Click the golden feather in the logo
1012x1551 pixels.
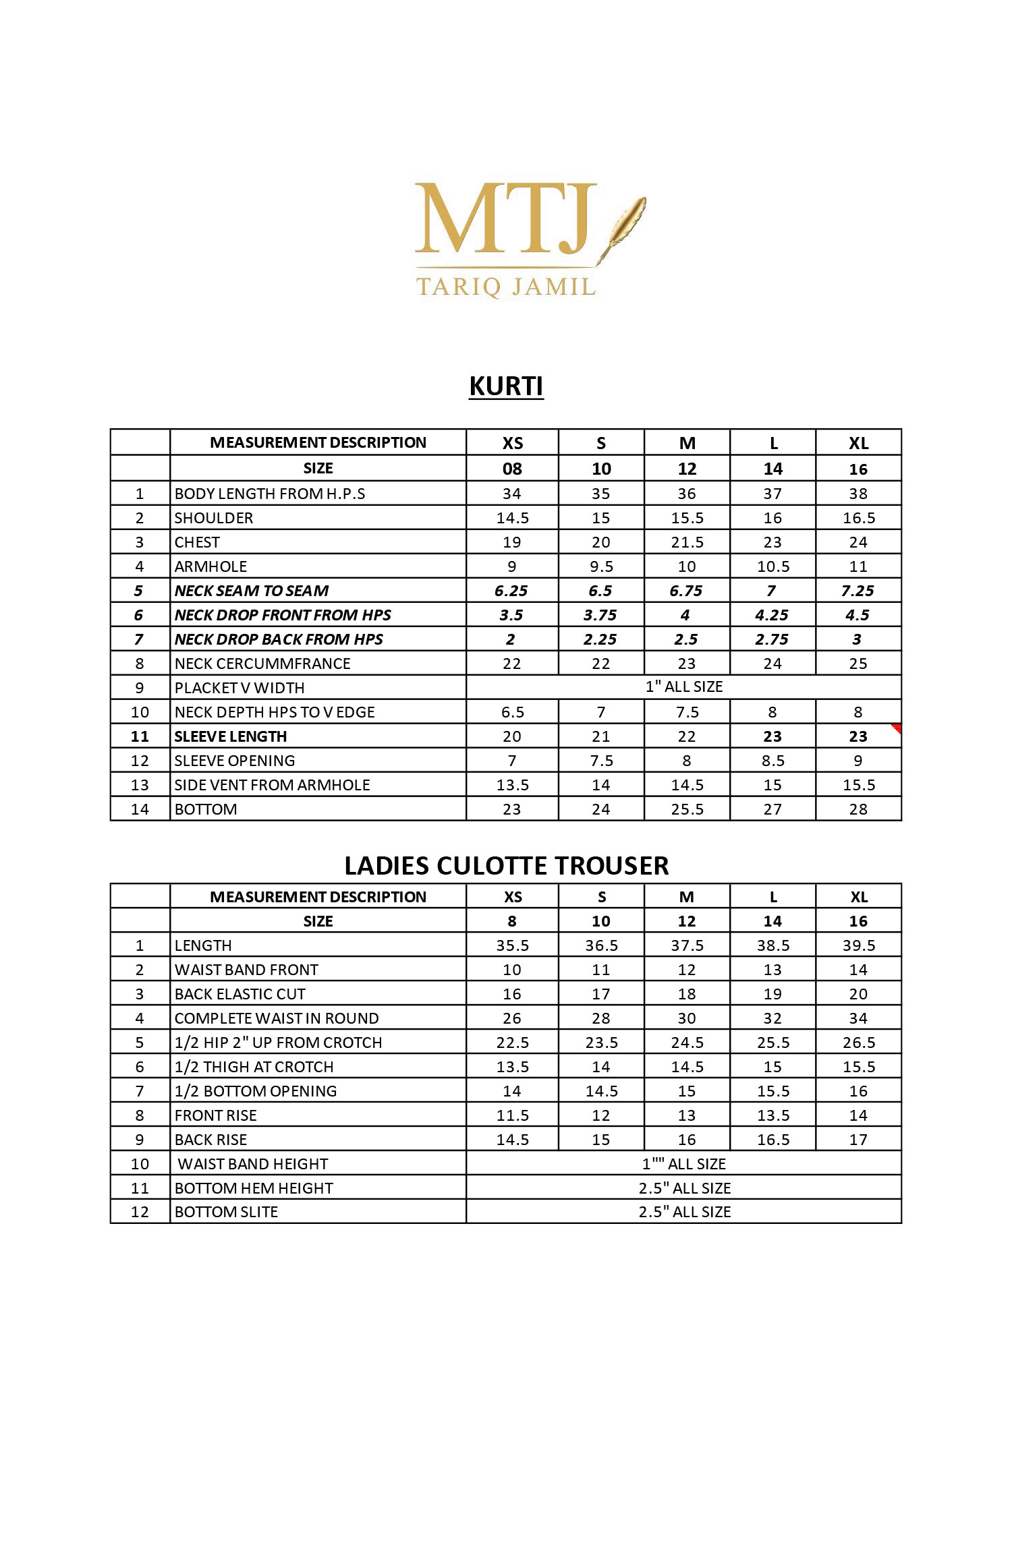pyautogui.click(x=627, y=223)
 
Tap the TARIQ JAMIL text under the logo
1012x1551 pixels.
pyautogui.click(x=506, y=286)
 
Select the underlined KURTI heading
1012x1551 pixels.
pyautogui.click(x=506, y=386)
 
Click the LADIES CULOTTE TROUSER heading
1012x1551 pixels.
pyautogui.click(x=506, y=866)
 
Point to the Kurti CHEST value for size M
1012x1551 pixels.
pyautogui.click(x=687, y=542)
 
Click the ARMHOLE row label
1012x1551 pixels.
pyautogui.click(x=210, y=566)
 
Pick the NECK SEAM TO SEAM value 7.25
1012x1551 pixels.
pyautogui.click(x=858, y=591)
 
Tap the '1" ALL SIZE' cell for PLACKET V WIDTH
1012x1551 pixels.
pyautogui.click(x=683, y=686)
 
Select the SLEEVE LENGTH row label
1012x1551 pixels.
pyautogui.click(x=231, y=736)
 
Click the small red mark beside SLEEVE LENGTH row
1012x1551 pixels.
pyautogui.click(x=897, y=728)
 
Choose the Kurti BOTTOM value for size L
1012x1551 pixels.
pyautogui.click(x=772, y=809)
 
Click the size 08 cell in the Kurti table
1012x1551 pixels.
pyautogui.click(x=512, y=469)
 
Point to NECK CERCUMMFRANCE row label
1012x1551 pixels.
pyautogui.click(x=262, y=664)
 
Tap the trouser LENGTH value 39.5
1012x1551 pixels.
pyautogui.click(x=858, y=945)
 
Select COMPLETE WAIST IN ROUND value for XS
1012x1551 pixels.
pyautogui.click(x=512, y=1018)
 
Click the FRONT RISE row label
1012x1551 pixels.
pyautogui.click(x=216, y=1115)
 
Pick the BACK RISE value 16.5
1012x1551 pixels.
pyautogui.click(x=772, y=1140)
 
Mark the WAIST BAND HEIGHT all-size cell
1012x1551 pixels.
pyautogui.click(x=683, y=1164)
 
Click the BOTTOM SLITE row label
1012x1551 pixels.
pyautogui.click(x=226, y=1212)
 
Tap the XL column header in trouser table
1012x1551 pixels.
pyautogui.click(x=858, y=897)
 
